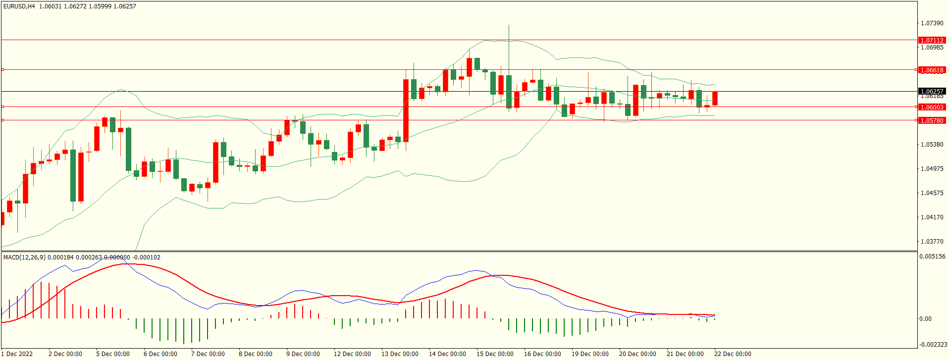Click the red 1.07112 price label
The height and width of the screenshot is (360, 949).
point(932,40)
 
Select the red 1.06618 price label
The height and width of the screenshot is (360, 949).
point(932,70)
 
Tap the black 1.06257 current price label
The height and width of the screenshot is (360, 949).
point(932,91)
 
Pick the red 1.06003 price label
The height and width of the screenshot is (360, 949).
point(932,107)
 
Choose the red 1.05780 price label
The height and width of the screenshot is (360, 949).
point(932,120)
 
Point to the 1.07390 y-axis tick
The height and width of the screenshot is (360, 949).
point(932,23)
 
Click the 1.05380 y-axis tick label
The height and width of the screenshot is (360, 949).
point(932,145)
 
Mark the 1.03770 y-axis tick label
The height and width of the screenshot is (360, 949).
point(932,242)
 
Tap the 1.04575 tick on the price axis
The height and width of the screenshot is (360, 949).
point(932,193)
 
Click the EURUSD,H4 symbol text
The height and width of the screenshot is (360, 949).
point(19,6)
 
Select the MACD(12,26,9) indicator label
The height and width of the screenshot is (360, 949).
point(24,257)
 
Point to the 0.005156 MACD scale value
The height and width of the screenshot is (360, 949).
point(932,257)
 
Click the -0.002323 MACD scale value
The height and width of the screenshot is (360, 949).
point(933,344)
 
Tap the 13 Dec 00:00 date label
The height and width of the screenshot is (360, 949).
point(400,354)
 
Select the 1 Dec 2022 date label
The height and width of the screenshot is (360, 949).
point(18,354)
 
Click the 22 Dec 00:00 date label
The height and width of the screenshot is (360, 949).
point(733,354)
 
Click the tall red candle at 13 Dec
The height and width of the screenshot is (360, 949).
point(406,110)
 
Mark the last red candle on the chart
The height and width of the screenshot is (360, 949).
point(715,98)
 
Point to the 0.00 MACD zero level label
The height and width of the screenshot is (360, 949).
point(925,319)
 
